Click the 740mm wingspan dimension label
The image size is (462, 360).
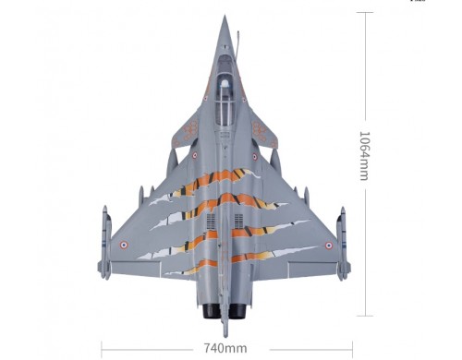225,348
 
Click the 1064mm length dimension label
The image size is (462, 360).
364,156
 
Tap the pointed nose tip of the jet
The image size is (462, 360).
225,16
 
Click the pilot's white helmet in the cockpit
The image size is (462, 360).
225,83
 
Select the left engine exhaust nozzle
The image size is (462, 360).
210,311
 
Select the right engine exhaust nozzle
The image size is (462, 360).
237,311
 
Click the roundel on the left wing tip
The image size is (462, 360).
124,245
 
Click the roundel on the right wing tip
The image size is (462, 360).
329,246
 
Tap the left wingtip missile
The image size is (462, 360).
104,243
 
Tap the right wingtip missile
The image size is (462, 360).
344,244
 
